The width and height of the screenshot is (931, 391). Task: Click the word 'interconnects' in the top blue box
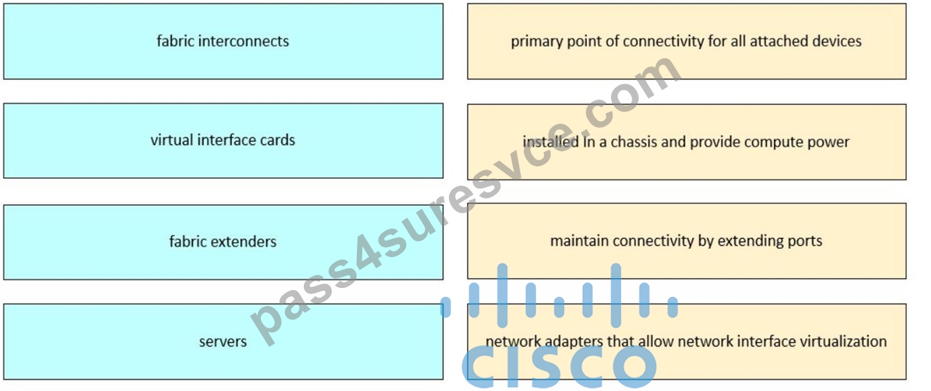point(243,41)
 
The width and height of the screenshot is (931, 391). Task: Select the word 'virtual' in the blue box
point(171,140)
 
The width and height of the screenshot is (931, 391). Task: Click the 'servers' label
point(222,342)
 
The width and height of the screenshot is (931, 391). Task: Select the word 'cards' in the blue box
point(278,140)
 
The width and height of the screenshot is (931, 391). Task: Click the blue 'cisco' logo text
point(559,366)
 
